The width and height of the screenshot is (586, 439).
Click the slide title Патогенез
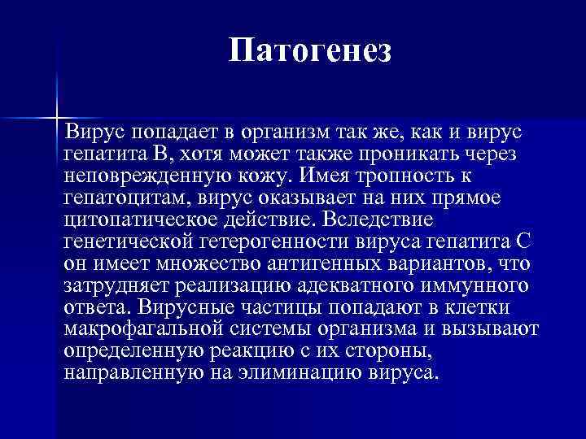pos(310,51)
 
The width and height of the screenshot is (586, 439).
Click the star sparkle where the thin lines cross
pos(57,116)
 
